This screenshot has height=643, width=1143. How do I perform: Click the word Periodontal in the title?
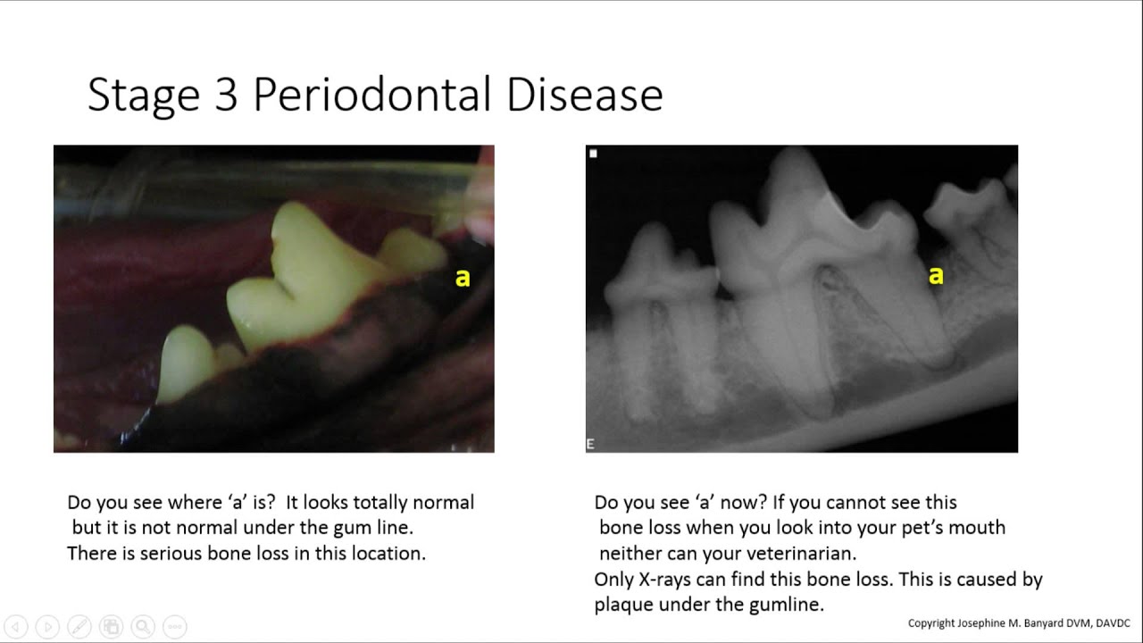coord(373,96)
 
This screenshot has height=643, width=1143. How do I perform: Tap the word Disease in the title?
coord(585,96)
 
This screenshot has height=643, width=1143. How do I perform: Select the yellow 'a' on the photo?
coord(462,279)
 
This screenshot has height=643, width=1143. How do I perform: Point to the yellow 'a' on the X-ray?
coord(935,276)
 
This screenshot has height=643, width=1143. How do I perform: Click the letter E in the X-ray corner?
coord(590,444)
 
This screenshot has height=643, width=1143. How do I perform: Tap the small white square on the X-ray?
coord(594,154)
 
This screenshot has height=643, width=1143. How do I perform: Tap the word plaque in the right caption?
coord(622,605)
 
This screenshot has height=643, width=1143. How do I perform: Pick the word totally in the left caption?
coord(367,502)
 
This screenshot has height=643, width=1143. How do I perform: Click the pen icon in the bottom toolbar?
coord(79,626)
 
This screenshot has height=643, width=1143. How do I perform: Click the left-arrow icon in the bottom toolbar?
coord(16,626)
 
